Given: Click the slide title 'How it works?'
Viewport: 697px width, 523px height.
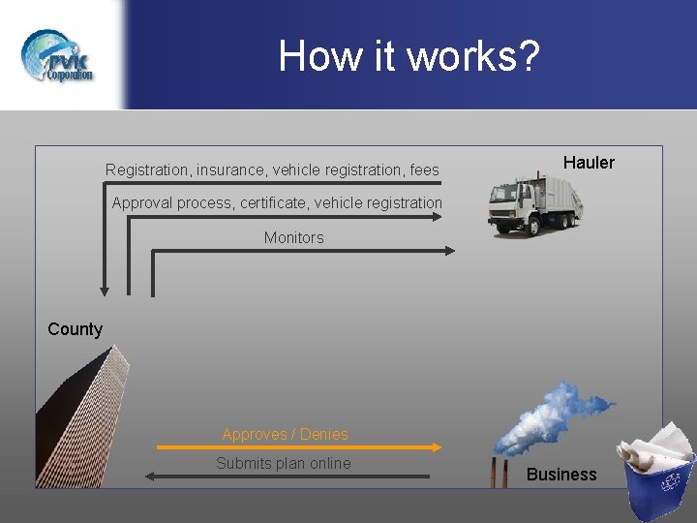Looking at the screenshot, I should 409,56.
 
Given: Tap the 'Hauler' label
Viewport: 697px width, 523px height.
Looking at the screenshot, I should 589,163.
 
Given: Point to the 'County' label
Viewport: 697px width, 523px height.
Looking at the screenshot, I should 75,329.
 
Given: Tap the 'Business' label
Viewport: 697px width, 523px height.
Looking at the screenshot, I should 561,475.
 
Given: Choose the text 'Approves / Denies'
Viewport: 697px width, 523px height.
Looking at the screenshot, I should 285,435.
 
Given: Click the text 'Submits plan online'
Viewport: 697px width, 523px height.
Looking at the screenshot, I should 283,464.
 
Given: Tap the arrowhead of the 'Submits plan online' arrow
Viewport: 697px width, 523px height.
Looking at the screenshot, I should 148,476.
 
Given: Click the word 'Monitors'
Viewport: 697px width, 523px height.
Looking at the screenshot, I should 293,238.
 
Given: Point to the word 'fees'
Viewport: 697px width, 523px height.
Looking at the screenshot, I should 424,170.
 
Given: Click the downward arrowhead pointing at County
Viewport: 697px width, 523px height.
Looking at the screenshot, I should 105,290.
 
